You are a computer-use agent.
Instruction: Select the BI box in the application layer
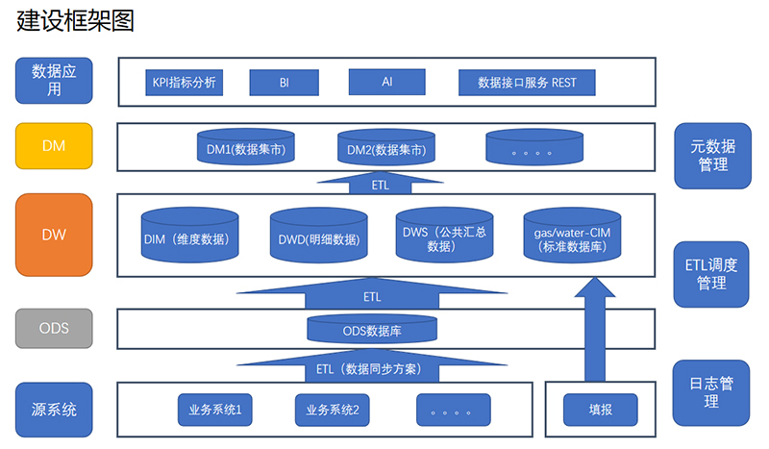tap(284, 82)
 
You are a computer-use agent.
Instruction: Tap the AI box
tap(386, 82)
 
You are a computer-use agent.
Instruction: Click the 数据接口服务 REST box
tap(527, 82)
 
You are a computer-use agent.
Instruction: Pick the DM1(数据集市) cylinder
tap(245, 149)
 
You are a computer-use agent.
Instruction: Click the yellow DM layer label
tap(54, 145)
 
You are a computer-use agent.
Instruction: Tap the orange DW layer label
tap(54, 234)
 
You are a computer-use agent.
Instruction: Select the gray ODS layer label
tap(54, 328)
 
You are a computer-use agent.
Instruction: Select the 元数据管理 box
tap(712, 155)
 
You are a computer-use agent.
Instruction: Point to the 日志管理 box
tap(712, 392)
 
